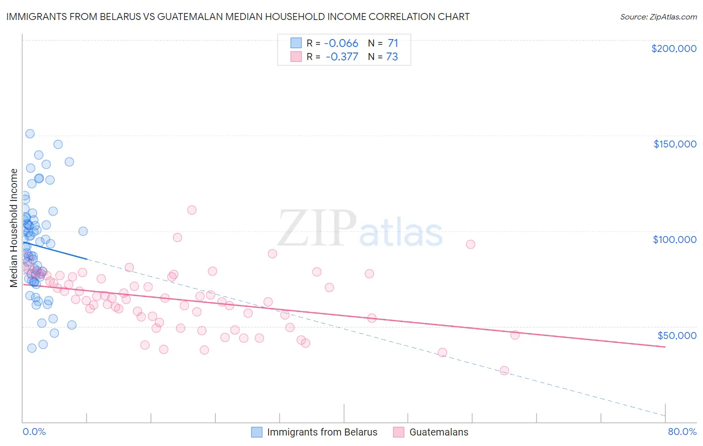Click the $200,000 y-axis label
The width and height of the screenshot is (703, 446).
pyautogui.click(x=673, y=48)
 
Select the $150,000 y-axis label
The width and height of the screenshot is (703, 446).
pyautogui.click(x=674, y=144)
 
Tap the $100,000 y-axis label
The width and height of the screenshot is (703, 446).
pyautogui.click(x=674, y=239)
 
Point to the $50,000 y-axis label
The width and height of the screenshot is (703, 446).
pyautogui.click(x=676, y=335)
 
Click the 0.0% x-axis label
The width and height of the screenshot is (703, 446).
pyautogui.click(x=34, y=431)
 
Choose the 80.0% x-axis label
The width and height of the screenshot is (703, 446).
pyautogui.click(x=682, y=431)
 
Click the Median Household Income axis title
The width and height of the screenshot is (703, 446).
pyautogui.click(x=14, y=228)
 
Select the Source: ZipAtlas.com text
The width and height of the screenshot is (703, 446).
pyautogui.click(x=658, y=17)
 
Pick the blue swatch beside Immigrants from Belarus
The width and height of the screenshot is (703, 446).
pyautogui.click(x=257, y=432)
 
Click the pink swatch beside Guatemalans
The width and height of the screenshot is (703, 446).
pyautogui.click(x=398, y=432)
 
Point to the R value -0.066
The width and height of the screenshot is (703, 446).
pyautogui.click(x=341, y=43)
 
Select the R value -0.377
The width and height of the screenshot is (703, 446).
pyautogui.click(x=341, y=57)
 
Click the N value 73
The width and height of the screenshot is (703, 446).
pyautogui.click(x=392, y=57)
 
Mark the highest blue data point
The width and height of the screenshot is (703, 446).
pyautogui.click(x=30, y=133)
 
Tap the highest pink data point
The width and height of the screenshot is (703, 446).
pyautogui.click(x=191, y=210)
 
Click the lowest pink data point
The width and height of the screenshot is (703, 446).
pyautogui.click(x=504, y=370)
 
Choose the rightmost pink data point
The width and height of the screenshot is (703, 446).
pyautogui.click(x=515, y=335)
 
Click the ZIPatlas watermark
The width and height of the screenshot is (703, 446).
pyautogui.click(x=360, y=229)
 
